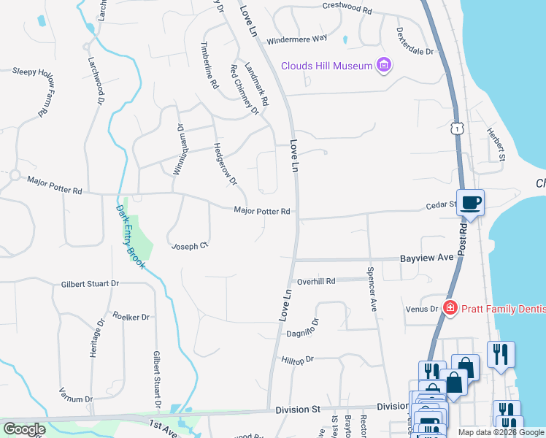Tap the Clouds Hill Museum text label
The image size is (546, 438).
click(x=328, y=66)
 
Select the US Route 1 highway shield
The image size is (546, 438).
click(x=456, y=128)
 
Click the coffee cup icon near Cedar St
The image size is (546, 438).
click(x=471, y=203)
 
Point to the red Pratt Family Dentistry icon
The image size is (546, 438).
click(x=450, y=309)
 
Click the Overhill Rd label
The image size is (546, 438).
click(x=315, y=281)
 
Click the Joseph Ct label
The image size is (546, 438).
click(x=190, y=246)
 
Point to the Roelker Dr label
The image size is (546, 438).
click(x=131, y=317)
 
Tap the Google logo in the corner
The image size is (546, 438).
click(x=24, y=429)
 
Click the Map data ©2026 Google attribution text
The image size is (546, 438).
click(x=501, y=432)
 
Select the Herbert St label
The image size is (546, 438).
click(x=497, y=145)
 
